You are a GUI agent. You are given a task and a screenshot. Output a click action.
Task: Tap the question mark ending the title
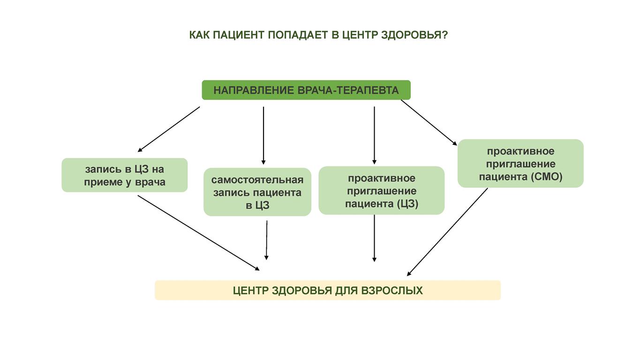444,35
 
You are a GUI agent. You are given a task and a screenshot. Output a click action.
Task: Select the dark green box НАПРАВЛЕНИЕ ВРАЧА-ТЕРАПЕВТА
306,90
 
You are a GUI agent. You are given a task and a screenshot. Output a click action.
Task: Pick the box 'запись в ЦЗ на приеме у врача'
125,175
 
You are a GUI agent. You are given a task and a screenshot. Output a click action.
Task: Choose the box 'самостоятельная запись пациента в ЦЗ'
257,192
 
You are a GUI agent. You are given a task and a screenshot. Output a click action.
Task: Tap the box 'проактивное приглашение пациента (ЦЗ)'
382,191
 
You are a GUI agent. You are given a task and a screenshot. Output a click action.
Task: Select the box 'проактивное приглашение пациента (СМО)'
520,164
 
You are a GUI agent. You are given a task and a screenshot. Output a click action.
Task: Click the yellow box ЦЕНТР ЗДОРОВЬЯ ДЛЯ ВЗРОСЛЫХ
328,290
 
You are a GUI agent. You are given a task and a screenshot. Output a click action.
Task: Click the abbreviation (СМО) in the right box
547,177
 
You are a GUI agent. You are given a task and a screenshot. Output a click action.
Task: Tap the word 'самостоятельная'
257,180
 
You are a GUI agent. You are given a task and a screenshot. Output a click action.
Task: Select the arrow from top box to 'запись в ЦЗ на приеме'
169,129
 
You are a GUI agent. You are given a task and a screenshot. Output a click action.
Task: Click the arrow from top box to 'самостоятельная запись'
264,135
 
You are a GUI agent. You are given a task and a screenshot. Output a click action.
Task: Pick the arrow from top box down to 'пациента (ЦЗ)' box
374,135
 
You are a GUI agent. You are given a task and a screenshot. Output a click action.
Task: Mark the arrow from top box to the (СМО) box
429,122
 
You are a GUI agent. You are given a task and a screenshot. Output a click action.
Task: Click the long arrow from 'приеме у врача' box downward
199,233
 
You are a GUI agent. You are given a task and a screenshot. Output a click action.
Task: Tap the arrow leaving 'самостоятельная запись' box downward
267,240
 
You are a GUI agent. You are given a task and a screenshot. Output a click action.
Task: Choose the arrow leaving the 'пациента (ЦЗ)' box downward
374,238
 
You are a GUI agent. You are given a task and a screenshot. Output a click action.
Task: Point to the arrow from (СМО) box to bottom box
447,232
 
